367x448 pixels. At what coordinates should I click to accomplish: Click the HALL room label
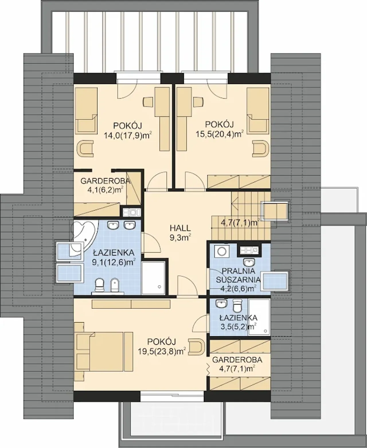coord(180,228)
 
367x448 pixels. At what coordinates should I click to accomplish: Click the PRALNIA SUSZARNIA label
coord(238,275)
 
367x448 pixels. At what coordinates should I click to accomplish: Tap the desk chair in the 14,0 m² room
coord(148,102)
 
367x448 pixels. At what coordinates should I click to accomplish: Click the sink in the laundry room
coord(249,262)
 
